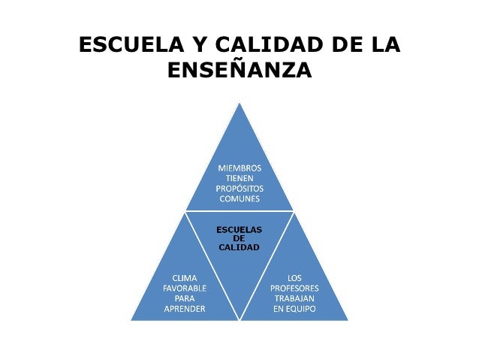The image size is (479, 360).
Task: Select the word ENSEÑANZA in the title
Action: click(239, 71)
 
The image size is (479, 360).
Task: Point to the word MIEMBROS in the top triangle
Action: click(239, 168)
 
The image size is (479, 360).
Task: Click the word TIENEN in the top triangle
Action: click(239, 178)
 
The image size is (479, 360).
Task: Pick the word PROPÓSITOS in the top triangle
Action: click(239, 189)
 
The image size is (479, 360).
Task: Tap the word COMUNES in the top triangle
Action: click(239, 199)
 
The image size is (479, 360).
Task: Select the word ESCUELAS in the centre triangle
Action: click(239, 228)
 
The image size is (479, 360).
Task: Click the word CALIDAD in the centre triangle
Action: click(239, 247)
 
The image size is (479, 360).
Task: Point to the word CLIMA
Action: click(185, 277)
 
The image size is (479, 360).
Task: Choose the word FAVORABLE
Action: click(185, 288)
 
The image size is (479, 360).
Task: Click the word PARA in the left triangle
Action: click(185, 298)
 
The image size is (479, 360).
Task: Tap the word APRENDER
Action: click(185, 309)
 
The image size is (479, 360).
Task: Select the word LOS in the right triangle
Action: click(294, 277)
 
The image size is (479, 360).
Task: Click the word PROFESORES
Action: click(294, 288)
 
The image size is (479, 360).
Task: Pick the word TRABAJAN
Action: click(294, 298)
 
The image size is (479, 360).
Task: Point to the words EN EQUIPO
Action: click(294, 309)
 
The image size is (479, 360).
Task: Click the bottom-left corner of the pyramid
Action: click(132, 319)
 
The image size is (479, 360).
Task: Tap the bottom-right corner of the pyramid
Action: click(347, 319)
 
